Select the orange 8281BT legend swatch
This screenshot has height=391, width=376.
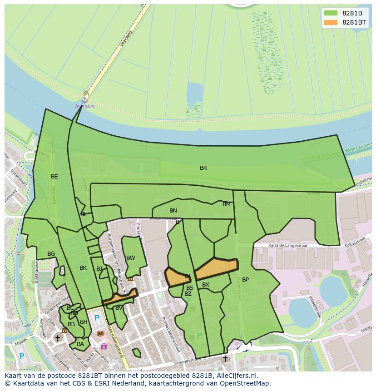(331, 22)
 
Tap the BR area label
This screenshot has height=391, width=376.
(203, 168)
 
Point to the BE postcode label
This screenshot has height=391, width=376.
(54, 177)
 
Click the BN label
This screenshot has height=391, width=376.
(173, 211)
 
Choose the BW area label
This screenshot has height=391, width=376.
(131, 258)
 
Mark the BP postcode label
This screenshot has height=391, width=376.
(245, 280)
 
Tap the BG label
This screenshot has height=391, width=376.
(51, 254)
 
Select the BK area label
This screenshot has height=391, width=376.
(83, 268)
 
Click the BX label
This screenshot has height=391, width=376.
(206, 285)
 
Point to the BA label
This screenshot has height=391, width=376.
(80, 344)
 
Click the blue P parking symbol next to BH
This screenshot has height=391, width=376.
(97, 318)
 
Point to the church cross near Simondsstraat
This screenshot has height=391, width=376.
(225, 359)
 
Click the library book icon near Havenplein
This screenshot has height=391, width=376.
(100, 334)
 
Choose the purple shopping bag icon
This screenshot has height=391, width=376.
(104, 346)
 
